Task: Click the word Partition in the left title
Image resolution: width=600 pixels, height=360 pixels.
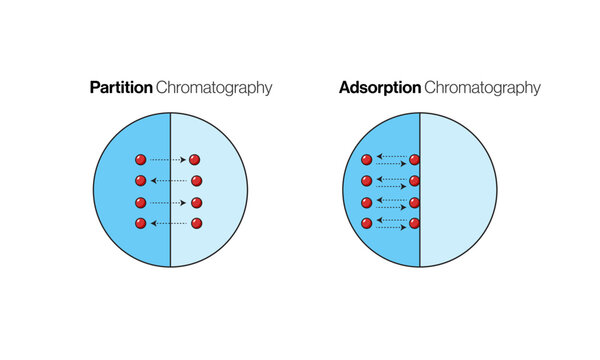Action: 121,88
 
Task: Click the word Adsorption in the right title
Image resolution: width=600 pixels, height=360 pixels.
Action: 379,88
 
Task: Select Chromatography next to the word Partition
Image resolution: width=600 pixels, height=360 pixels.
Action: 214,88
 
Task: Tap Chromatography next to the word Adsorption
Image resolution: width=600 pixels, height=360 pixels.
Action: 482,88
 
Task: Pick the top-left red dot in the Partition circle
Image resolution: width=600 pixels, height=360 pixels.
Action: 141,160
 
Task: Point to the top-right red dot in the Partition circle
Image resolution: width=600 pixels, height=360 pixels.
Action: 195,160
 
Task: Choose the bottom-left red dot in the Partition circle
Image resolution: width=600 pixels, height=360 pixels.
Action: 141,223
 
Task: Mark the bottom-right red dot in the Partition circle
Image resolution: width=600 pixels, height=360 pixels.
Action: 196,223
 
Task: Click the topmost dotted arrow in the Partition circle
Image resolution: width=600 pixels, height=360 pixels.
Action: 168,160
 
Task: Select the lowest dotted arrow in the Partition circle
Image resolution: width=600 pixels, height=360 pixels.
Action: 168,223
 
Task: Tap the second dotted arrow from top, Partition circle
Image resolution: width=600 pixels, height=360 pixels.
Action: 168,181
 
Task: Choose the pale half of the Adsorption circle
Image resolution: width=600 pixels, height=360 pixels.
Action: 460,190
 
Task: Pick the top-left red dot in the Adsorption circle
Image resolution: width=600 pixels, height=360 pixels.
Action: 367,159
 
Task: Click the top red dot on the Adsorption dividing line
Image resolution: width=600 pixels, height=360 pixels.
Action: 414,159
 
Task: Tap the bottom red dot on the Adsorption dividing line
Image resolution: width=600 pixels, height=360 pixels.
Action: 414,222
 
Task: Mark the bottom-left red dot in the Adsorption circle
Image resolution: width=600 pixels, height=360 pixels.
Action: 367,222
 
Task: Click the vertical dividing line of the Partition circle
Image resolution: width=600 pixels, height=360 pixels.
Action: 171,250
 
